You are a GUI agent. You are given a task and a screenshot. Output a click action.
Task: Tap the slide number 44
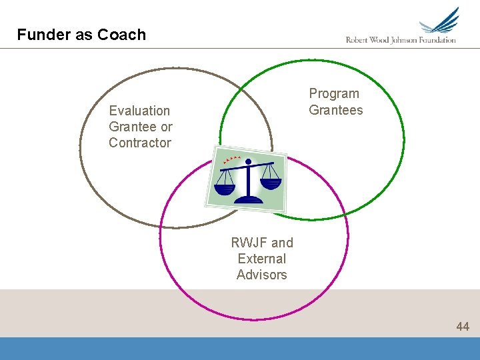pos(463,326)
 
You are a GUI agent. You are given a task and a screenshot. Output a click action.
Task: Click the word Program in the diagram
pos(334,94)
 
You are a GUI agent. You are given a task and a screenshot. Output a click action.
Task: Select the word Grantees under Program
pos(336,110)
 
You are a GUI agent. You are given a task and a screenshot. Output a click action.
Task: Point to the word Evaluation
pos(139,111)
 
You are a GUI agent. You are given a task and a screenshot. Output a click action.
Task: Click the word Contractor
pos(140,143)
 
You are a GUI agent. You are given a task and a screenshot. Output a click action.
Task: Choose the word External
pos(262,259)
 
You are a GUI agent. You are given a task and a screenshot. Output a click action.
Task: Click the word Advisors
pos(262,275)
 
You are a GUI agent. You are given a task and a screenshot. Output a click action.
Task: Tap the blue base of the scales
pos(251,198)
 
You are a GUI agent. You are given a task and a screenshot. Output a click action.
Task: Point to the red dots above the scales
pos(232,159)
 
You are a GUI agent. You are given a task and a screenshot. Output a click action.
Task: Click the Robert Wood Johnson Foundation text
pos(401,40)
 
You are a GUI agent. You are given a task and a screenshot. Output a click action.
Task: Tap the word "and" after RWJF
pos(281,243)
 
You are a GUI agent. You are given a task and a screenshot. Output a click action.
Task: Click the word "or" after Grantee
pos(166,127)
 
